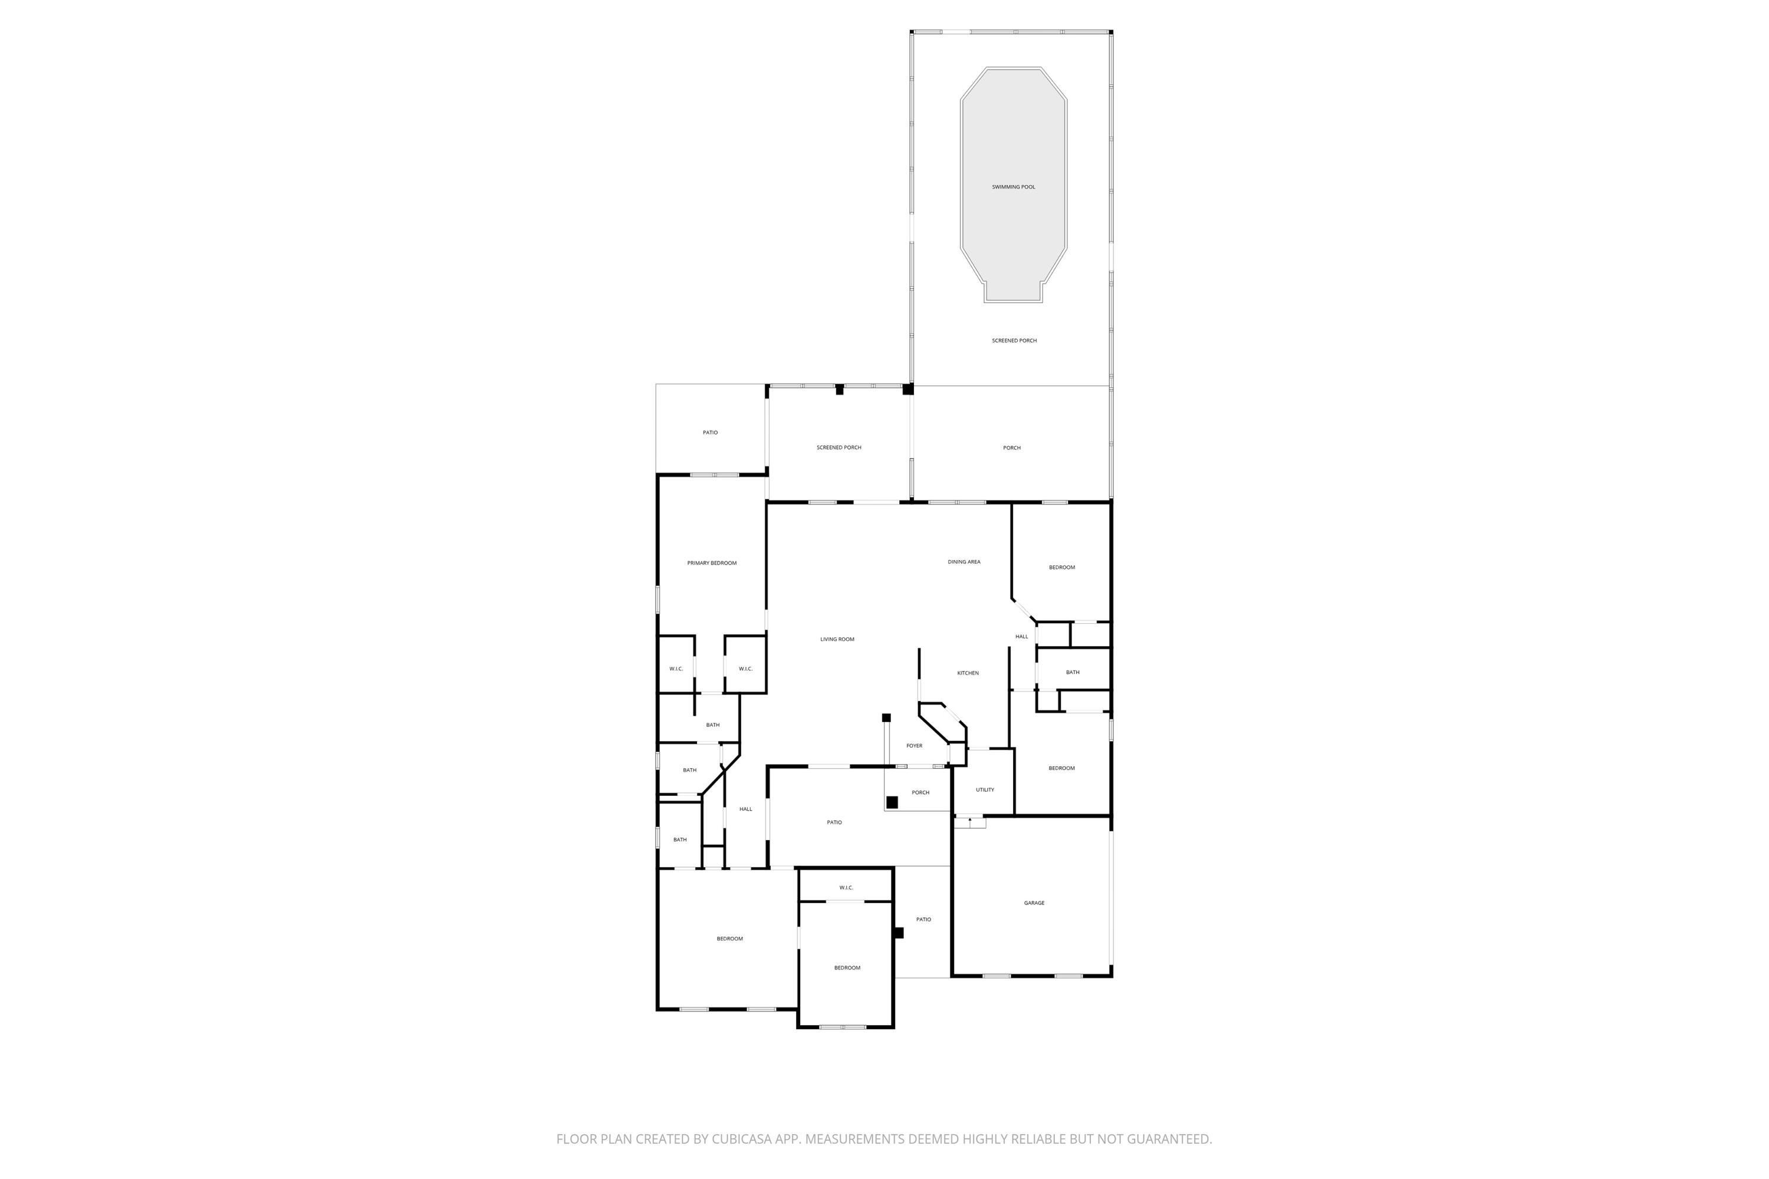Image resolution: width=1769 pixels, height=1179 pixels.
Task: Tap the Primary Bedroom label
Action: point(712,563)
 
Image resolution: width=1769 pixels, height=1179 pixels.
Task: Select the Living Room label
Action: point(837,640)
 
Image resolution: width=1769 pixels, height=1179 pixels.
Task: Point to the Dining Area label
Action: point(964,562)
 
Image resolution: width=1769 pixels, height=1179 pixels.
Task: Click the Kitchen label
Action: point(968,674)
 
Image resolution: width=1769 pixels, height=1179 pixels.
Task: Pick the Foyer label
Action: point(914,746)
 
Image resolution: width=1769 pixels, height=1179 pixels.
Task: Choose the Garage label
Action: point(1034,903)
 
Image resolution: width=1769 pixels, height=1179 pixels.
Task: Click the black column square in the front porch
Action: point(892,802)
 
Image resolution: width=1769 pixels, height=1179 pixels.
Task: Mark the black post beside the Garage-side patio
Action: point(898,933)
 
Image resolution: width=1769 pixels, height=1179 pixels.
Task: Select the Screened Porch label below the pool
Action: point(1014,341)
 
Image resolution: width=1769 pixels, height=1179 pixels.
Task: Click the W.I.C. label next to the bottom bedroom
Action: point(846,888)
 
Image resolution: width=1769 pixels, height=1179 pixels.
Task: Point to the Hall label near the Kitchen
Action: point(1021,637)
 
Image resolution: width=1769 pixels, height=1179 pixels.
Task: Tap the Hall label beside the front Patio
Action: point(745,809)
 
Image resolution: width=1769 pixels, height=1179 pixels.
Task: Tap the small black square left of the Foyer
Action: point(886,718)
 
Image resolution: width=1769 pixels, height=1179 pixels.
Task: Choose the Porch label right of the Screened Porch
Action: point(1012,448)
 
